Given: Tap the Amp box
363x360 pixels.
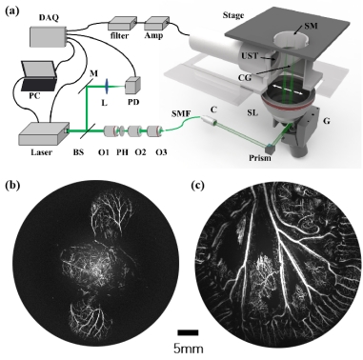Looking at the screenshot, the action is (x=156, y=24).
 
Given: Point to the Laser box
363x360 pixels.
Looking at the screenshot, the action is (x=44, y=134).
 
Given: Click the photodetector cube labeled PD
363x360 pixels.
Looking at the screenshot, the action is (x=132, y=85).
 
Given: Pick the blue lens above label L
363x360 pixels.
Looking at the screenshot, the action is (x=107, y=86).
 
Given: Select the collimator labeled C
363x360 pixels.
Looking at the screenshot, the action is (x=209, y=120).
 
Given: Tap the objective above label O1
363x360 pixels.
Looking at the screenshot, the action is (x=111, y=131).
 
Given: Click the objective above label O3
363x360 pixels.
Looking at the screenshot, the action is (x=155, y=131).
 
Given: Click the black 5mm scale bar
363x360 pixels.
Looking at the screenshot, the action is (x=188, y=332).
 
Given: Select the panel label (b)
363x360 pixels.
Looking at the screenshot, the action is (x=13, y=185).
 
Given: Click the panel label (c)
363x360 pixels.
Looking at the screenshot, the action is (x=199, y=185).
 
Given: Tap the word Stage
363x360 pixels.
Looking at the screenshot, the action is (x=233, y=15).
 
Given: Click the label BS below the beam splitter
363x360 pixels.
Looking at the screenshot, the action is (x=78, y=152).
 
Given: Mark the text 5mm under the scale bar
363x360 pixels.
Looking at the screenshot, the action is (x=189, y=349).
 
